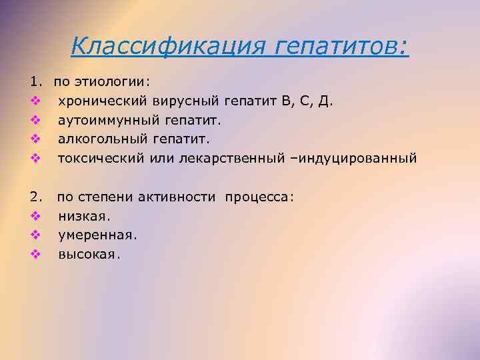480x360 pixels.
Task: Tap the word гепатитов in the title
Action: coord(339,46)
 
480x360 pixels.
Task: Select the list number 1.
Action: coord(35,82)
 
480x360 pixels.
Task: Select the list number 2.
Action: coord(35,197)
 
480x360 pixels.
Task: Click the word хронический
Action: coord(103,101)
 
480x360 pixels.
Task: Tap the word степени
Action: coord(113,197)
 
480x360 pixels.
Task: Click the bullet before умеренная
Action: coord(35,235)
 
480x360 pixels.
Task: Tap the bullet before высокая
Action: coord(35,255)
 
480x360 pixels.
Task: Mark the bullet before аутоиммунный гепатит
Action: coord(35,121)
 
